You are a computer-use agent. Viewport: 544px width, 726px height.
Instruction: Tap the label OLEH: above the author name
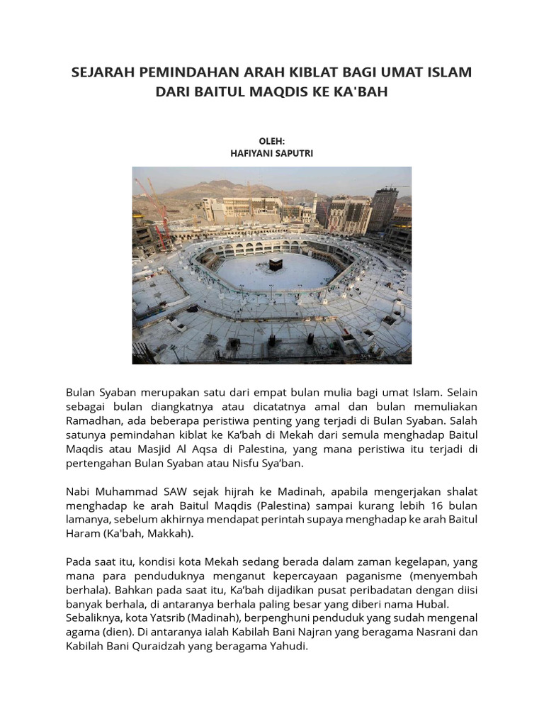[271, 141]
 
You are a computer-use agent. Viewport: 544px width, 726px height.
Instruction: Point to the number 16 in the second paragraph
[416, 505]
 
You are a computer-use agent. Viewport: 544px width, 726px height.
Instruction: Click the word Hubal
[431, 603]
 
